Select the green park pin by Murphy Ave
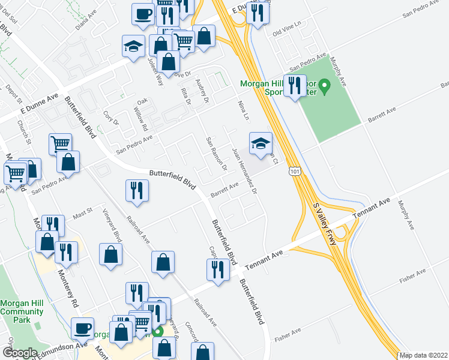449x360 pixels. pyautogui.click(x=325, y=88)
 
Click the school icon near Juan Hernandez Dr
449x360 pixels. pyautogui.click(x=261, y=143)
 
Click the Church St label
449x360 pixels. pyautogui.click(x=25, y=133)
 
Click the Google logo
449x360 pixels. pyautogui.click(x=20, y=353)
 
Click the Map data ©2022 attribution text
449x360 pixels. pyautogui.click(x=424, y=355)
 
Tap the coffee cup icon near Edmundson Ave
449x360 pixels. pyautogui.click(x=82, y=328)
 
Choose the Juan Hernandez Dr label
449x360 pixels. pyautogui.click(x=244, y=170)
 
